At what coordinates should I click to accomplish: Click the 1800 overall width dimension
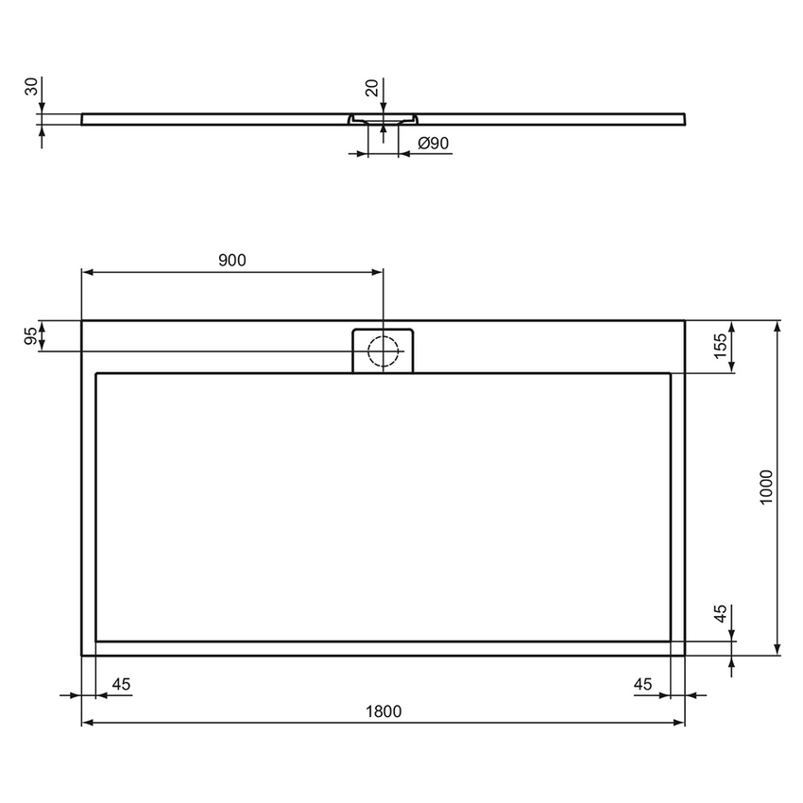pos(384,710)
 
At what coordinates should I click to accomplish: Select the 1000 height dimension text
pos(766,487)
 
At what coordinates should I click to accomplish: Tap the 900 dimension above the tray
pos(231,261)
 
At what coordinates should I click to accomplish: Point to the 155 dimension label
pos(720,347)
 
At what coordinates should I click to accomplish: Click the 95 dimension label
pos(31,336)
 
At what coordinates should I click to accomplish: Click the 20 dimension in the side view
pos(371,89)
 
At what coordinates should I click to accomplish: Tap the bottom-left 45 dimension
pos(121,684)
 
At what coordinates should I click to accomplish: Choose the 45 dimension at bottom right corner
pos(643,684)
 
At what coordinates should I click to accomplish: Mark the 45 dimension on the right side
pos(720,615)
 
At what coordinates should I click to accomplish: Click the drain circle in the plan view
pos(384,350)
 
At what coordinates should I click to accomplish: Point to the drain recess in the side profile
pos(383,120)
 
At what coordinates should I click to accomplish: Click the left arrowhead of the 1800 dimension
pos(88,723)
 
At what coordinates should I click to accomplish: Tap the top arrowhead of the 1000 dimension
pos(777,327)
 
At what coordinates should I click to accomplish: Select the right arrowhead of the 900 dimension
pos(378,272)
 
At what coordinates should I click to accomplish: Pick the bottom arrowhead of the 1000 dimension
pos(777,649)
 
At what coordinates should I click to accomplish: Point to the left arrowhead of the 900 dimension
pos(88,272)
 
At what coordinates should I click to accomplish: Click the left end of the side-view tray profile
pos(84,119)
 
